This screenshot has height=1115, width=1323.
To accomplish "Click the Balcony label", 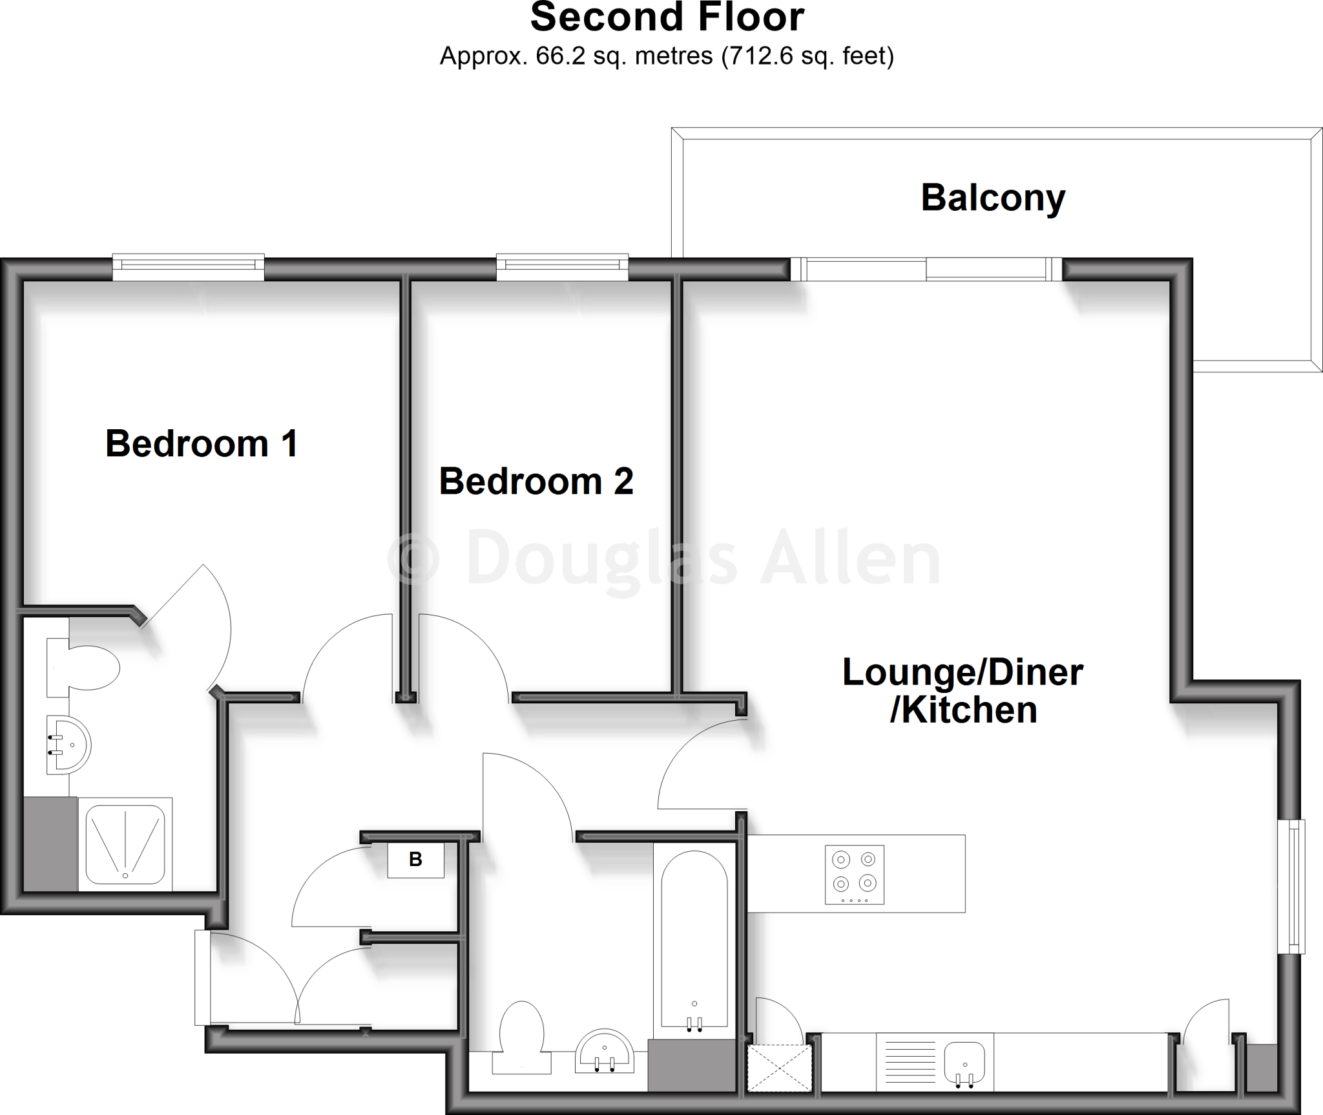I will click(993, 198).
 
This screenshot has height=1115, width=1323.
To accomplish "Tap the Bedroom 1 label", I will click(202, 443).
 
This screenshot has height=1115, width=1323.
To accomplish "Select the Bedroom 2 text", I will click(536, 482).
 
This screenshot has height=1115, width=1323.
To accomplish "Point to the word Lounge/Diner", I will click(963, 672).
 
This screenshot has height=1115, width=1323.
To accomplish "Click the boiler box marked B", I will click(415, 860).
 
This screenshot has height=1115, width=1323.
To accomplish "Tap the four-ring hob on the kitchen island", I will click(854, 875).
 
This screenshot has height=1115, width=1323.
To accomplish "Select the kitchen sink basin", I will click(964, 1065).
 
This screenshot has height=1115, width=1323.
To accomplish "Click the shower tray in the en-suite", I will click(125, 845).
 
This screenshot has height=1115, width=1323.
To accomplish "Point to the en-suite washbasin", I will click(68, 745).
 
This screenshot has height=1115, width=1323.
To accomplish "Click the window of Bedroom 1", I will click(188, 268).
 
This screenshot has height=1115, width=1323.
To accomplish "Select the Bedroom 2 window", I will click(562, 268).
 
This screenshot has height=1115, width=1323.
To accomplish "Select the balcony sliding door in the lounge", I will click(926, 269).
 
